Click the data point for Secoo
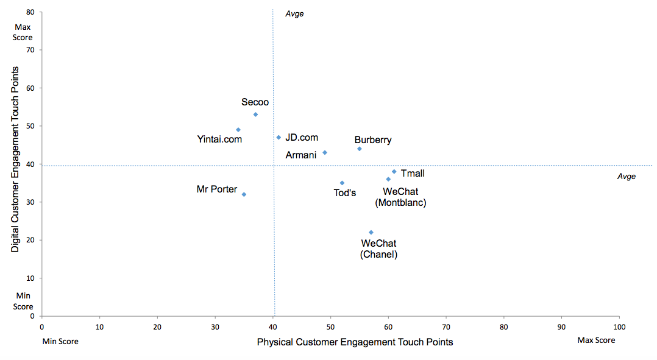tap(255, 115)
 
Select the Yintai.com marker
tap(238, 130)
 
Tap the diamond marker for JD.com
tap(279, 137)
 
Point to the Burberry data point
tap(360, 149)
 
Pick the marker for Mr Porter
tap(244, 194)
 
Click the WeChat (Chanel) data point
tap(371, 232)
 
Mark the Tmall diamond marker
tap(394, 172)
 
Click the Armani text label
tap(301, 155)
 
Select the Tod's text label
tap(345, 193)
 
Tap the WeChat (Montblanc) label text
tap(400, 197)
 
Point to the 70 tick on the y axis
tap(30, 50)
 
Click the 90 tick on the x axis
tap(561, 327)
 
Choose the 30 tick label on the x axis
tap(215, 327)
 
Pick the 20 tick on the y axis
tap(30, 240)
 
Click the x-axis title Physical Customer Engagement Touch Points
tap(355, 342)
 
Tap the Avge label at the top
tap(294, 13)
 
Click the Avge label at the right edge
tap(627, 177)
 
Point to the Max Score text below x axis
tap(596, 341)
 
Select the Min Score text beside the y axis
tap(23, 301)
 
